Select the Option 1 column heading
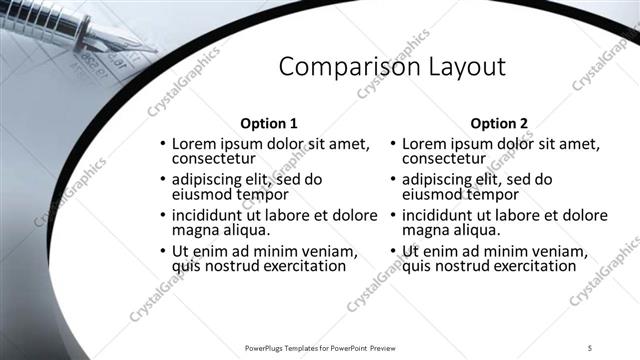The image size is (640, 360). coord(269,124)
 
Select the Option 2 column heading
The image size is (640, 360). coord(498,124)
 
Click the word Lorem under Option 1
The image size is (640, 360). coord(196,144)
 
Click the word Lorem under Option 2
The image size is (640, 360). coord(425,144)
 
